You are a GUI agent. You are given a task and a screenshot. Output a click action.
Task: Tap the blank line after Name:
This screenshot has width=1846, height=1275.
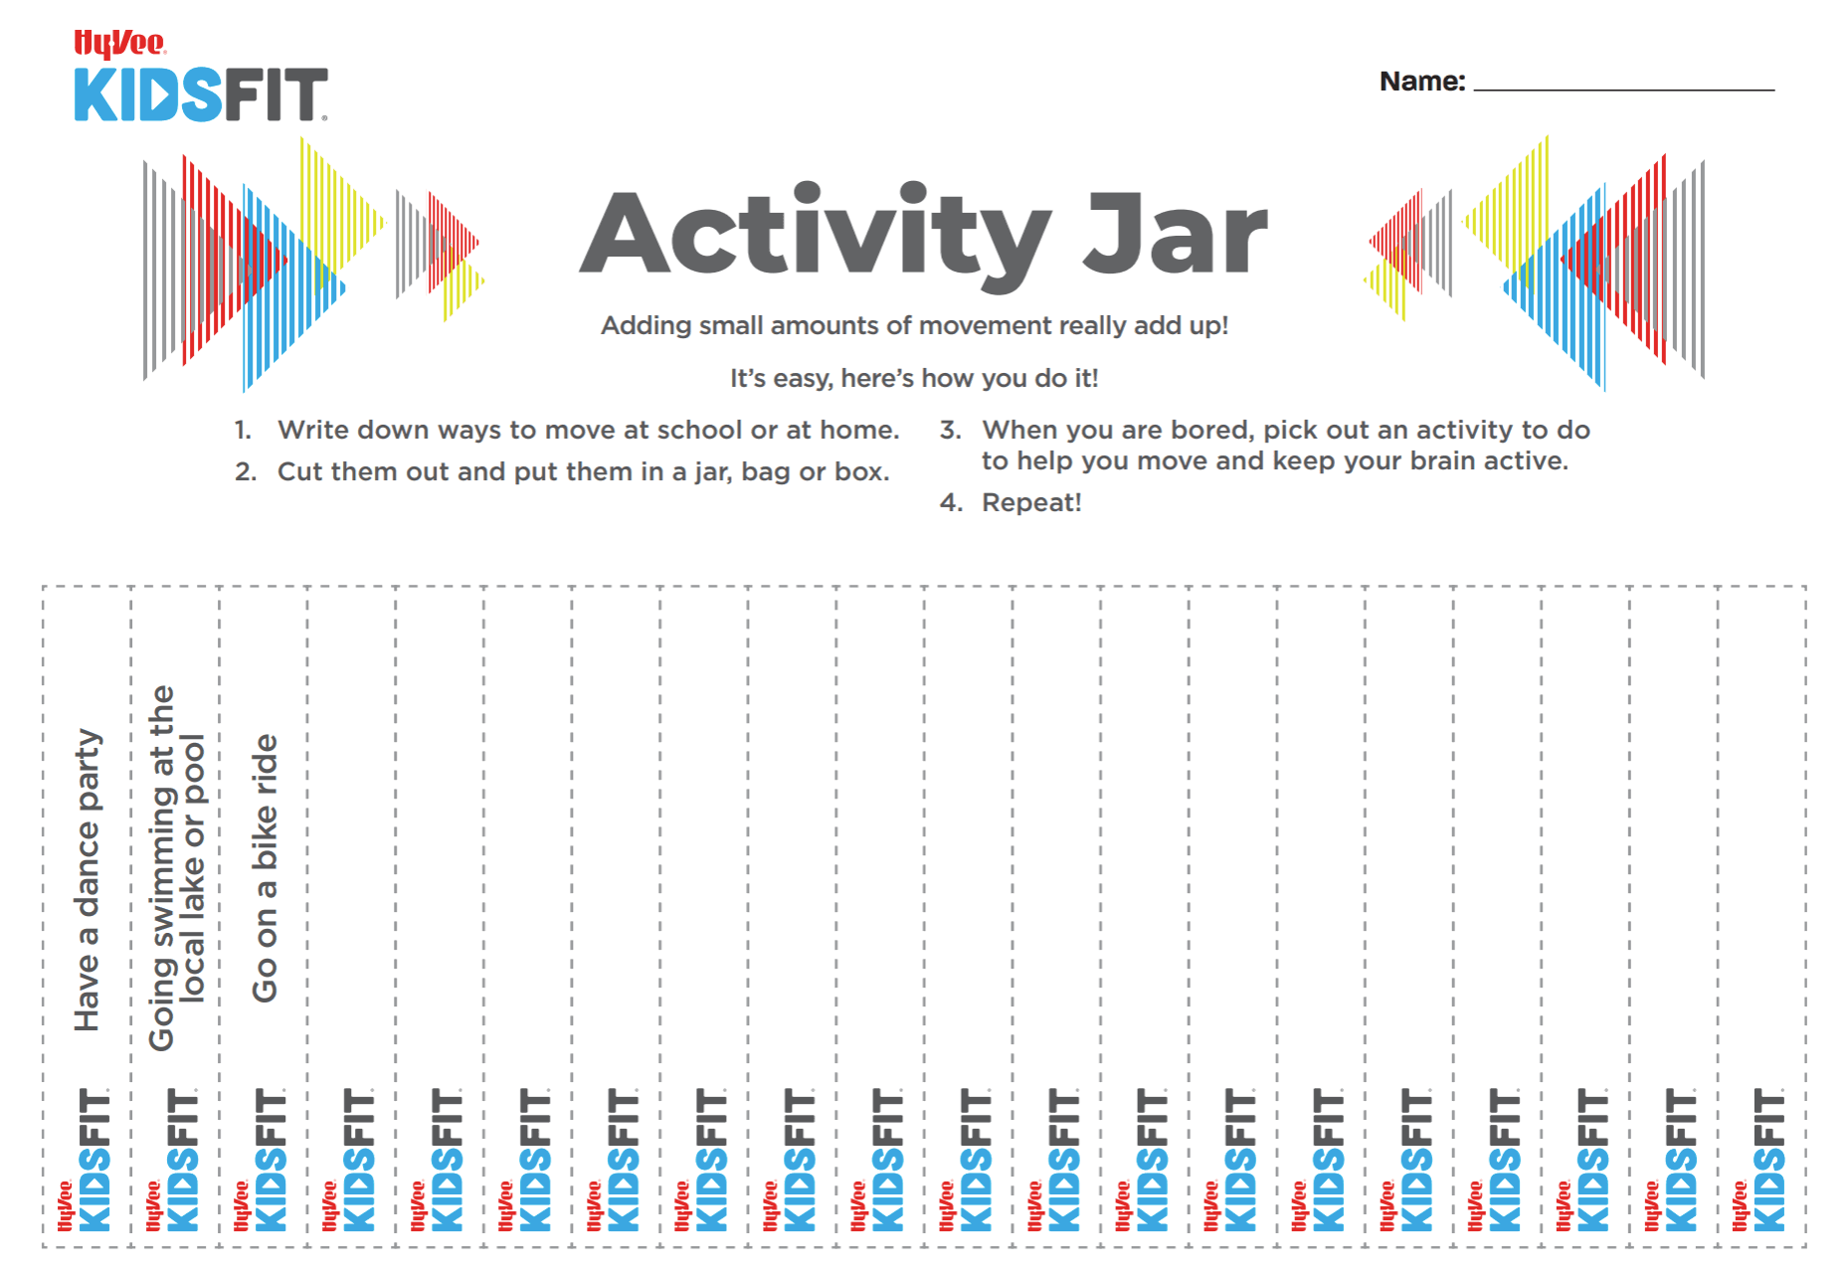pos(1623,90)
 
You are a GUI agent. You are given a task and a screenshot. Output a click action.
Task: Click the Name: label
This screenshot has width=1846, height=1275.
pos(1422,81)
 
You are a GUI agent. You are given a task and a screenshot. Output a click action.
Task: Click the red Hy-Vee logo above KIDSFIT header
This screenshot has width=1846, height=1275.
pos(119,44)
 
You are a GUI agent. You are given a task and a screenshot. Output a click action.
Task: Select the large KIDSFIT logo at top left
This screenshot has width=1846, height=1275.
pos(201,94)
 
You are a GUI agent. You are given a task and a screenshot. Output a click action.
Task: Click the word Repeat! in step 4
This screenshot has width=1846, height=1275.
pos(1031,502)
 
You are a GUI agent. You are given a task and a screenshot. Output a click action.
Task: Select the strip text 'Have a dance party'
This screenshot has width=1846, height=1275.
pos(88,880)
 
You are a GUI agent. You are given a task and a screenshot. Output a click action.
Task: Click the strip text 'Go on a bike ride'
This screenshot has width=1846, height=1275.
pos(265,868)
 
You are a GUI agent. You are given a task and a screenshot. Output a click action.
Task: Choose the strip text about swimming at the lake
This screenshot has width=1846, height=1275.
pos(176,868)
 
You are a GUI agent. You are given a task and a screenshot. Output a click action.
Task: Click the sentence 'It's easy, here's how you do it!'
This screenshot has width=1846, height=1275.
pos(914,378)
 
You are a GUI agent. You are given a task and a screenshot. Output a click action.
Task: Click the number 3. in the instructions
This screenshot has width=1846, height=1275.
pos(951,430)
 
